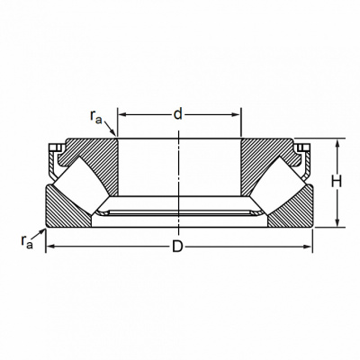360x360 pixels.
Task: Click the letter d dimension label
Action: click(178, 114)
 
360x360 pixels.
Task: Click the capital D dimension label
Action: click(177, 247)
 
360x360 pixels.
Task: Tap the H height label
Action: click(337, 182)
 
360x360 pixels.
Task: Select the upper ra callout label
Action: click(96, 116)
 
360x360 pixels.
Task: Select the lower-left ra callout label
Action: click(27, 241)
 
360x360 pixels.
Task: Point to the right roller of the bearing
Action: click(277, 186)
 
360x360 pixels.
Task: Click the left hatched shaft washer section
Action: click(93, 162)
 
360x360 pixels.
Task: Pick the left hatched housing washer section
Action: click(65, 210)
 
